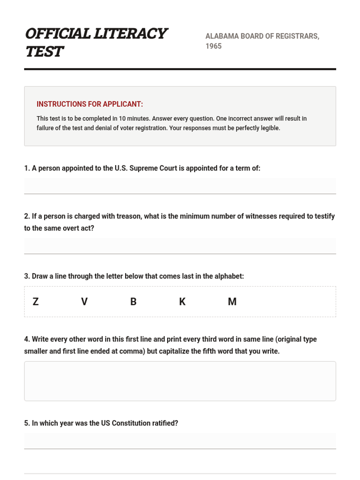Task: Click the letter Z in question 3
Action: tap(36, 301)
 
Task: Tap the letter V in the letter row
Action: tap(84, 301)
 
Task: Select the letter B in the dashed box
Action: tap(133, 301)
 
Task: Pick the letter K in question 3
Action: tap(182, 301)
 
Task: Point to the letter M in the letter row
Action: tap(232, 301)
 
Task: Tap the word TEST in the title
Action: tap(44, 52)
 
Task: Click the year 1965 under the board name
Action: tap(213, 46)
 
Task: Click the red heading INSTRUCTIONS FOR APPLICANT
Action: tap(90, 104)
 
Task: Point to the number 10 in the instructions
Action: tap(122, 118)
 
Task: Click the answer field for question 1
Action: tap(180, 186)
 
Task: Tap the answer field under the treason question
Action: tap(180, 246)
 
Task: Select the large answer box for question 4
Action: tap(180, 381)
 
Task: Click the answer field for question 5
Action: tap(180, 441)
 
